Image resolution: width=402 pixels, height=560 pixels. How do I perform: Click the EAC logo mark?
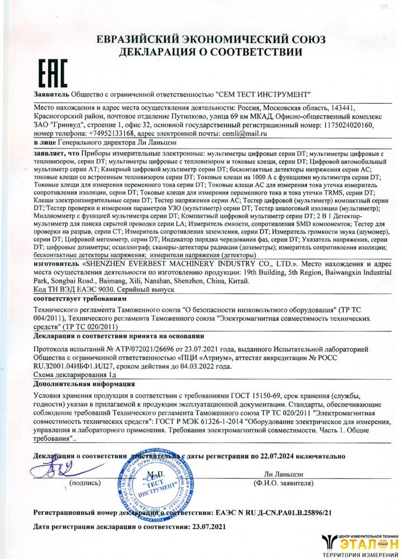click(52, 72)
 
